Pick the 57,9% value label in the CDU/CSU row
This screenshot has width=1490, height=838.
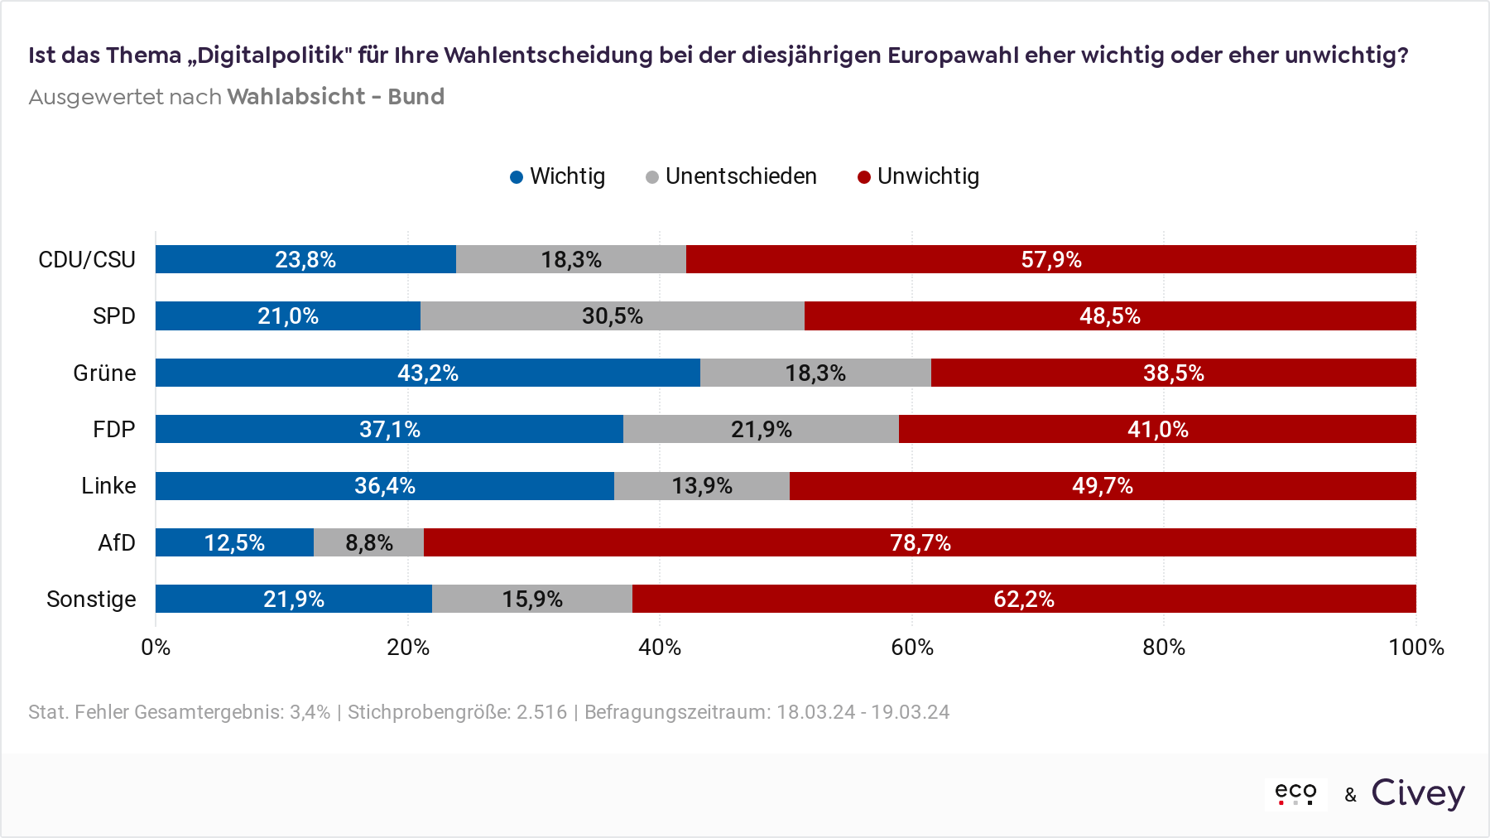coord(1051,260)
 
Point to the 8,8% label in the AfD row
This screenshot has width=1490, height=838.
coord(369,543)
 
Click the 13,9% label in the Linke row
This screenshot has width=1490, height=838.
coord(702,486)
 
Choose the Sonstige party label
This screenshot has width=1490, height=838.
coord(91,599)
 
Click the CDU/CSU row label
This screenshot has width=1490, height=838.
coord(87,260)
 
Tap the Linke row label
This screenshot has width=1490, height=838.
coord(108,486)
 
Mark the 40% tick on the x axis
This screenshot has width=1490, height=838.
coord(660,648)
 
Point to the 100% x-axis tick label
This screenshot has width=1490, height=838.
coord(1416,648)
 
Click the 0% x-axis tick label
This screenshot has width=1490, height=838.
coord(156,648)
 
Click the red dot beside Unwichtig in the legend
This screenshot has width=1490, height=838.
coord(864,177)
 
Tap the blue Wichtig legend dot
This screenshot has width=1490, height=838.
coord(517,177)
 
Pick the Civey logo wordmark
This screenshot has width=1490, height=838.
coord(1418,793)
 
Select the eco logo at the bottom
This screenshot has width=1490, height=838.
coord(1295,793)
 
